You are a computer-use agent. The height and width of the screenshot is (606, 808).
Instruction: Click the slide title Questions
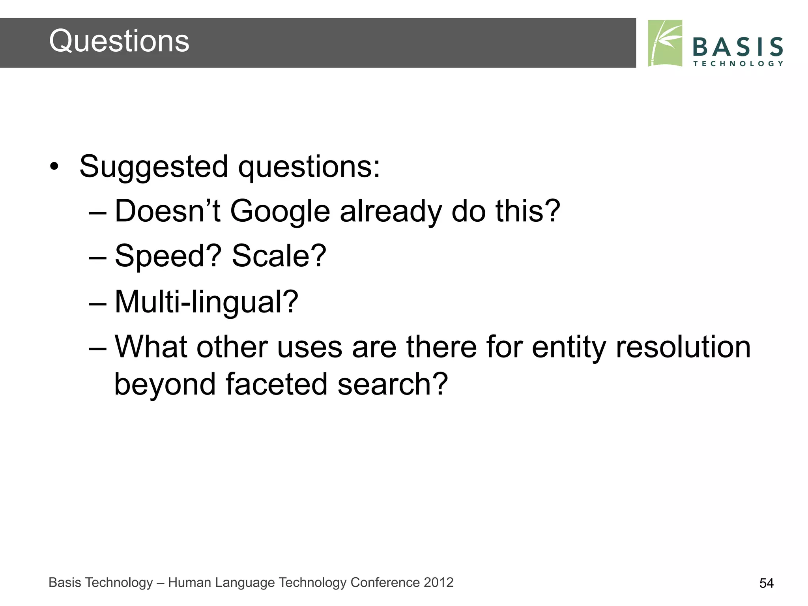click(x=119, y=41)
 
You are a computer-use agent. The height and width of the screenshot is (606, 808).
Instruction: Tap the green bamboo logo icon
click(x=665, y=43)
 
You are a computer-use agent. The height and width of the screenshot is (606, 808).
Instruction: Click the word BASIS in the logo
click(x=738, y=47)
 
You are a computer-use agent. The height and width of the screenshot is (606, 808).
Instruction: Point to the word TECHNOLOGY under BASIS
click(x=738, y=64)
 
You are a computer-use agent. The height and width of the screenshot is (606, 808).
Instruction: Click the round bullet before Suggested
click(x=54, y=167)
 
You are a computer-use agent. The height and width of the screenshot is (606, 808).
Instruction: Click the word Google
click(x=280, y=212)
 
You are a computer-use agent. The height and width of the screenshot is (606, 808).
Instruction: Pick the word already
click(x=391, y=212)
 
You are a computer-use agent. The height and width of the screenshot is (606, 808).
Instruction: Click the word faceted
click(x=276, y=384)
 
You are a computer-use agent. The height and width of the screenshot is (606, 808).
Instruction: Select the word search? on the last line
click(x=393, y=384)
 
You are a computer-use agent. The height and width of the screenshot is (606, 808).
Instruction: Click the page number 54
click(x=766, y=583)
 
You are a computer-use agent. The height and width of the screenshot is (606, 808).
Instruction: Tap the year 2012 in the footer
click(x=438, y=582)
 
